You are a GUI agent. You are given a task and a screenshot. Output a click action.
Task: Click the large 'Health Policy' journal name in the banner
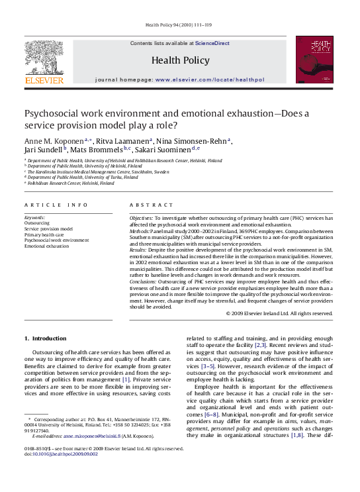(x=179, y=61)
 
